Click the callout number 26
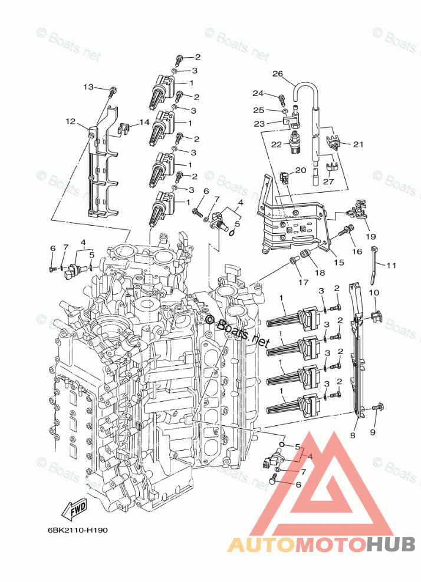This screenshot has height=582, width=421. [278, 74]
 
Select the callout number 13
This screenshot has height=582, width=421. [88, 87]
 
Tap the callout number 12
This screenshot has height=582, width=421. [71, 122]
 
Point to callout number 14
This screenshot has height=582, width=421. [144, 123]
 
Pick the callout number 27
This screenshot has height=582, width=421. [328, 181]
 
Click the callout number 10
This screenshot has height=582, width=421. [374, 293]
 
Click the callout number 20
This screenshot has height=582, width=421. [300, 170]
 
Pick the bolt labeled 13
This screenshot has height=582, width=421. [113, 91]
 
